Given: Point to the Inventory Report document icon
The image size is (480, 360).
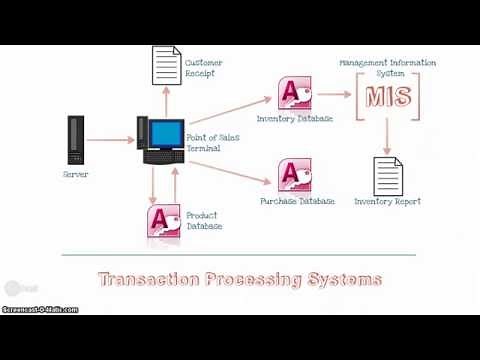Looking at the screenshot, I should click(x=387, y=175).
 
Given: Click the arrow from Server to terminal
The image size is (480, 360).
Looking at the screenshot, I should click(x=110, y=140).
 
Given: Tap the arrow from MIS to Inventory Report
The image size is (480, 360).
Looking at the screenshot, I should click(x=387, y=139).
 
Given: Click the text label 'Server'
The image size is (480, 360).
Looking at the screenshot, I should click(x=75, y=175).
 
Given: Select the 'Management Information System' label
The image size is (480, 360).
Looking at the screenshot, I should click(x=387, y=67).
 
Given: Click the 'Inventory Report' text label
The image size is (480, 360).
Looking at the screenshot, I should click(x=388, y=201).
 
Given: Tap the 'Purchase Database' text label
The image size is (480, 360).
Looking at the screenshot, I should click(x=297, y=201).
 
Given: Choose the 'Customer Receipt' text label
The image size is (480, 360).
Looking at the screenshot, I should click(x=205, y=68).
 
